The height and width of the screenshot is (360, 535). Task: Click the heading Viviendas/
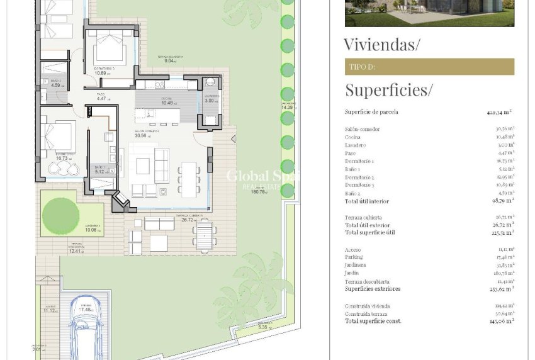click(x=381, y=44)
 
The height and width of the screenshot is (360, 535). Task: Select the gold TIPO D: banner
click(x=429, y=67)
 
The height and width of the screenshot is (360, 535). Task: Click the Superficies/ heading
click(x=388, y=90)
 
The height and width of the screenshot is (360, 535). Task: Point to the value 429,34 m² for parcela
click(x=500, y=112)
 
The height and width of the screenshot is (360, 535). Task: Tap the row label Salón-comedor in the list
click(x=363, y=129)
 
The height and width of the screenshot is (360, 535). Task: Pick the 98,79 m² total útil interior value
click(x=502, y=201)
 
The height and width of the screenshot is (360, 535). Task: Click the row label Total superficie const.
click(x=373, y=321)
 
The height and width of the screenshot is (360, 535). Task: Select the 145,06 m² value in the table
click(x=502, y=321)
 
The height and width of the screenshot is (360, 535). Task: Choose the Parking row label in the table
click(x=354, y=257)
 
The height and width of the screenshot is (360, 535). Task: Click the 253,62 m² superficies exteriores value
click(x=502, y=289)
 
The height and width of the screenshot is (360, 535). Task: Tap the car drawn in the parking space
click(x=87, y=328)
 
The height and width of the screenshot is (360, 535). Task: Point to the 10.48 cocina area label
click(x=167, y=103)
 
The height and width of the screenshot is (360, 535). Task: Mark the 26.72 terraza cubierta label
click(x=188, y=220)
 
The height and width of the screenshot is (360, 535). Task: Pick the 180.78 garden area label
click(x=259, y=192)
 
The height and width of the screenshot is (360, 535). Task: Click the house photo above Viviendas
click(x=429, y=13)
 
